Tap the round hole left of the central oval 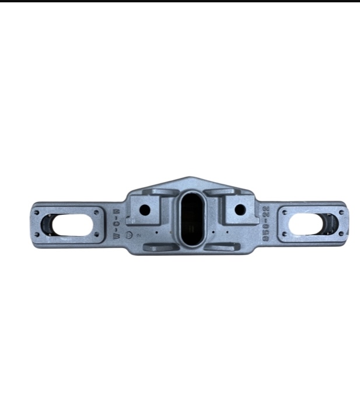145,210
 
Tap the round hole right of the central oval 239,210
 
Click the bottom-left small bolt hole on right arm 285,235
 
